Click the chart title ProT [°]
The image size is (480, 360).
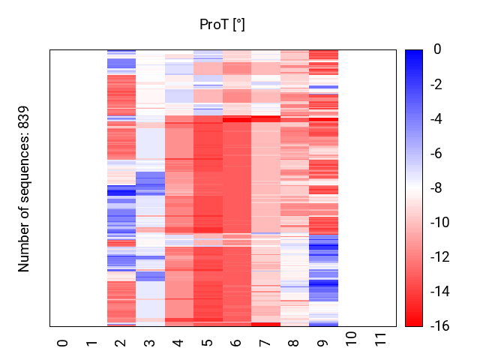pyautogui.click(x=222, y=25)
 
